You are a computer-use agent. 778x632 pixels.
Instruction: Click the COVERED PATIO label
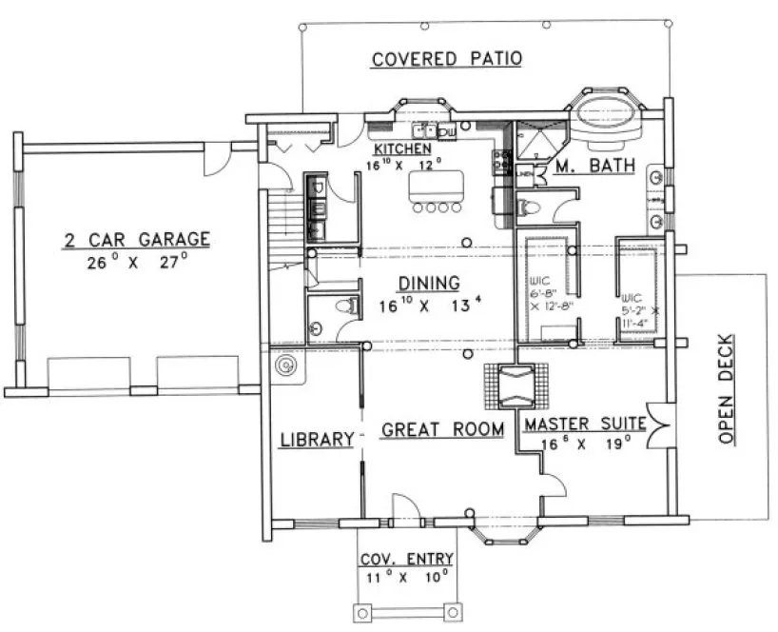[446, 59]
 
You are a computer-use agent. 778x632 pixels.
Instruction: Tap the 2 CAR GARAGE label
[136, 239]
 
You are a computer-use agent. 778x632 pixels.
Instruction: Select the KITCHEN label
[402, 149]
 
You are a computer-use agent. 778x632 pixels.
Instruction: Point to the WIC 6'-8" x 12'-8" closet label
[544, 293]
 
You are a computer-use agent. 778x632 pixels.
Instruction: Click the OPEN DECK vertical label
[726, 390]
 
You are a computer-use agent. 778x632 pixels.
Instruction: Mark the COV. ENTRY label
[405, 559]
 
